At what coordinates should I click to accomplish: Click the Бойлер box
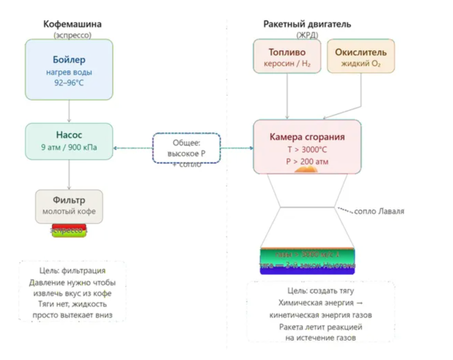pyautogui.click(x=69, y=70)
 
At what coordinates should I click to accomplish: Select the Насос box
pyautogui.click(x=69, y=141)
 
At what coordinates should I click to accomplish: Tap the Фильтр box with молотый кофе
pyautogui.click(x=69, y=206)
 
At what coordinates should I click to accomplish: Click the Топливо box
pyautogui.click(x=287, y=56)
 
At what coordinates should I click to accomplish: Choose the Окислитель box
pyautogui.click(x=360, y=56)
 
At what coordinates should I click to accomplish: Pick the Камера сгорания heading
pyautogui.click(x=307, y=137)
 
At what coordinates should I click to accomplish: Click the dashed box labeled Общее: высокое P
pyautogui.click(x=186, y=148)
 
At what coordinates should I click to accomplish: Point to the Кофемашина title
pyautogui.click(x=72, y=24)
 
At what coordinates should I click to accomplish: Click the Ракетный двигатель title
pyautogui.click(x=307, y=24)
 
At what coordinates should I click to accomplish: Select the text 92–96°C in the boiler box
pyautogui.click(x=69, y=83)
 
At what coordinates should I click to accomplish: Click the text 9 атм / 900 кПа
pyautogui.click(x=69, y=148)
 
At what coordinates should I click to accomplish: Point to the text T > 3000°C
pyautogui.click(x=307, y=150)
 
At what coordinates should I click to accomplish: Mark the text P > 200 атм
pyautogui.click(x=307, y=162)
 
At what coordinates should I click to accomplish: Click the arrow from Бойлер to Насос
pyautogui.click(x=69, y=111)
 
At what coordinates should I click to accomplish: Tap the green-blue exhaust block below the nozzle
pyautogui.click(x=307, y=261)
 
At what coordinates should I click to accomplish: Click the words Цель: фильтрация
pyautogui.click(x=73, y=271)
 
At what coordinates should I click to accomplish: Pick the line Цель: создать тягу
pyautogui.click(x=320, y=291)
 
